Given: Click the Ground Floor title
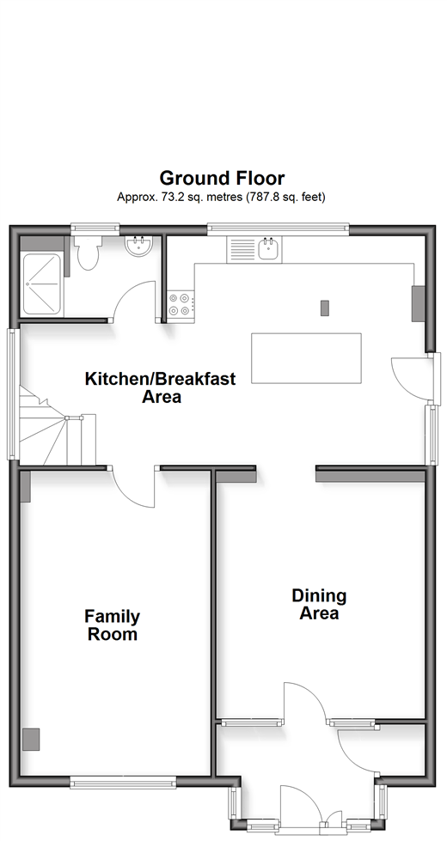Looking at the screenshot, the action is click(222, 178).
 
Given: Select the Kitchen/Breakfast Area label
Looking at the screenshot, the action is click(161, 387).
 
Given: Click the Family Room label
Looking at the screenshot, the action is click(112, 625).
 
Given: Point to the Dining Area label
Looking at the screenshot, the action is click(319, 605).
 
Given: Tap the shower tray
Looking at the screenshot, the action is click(42, 283).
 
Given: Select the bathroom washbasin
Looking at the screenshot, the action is click(139, 247).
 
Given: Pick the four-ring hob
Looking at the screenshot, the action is click(181, 303).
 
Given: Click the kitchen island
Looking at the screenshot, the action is click(306, 358).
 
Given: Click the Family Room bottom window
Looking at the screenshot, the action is click(124, 783).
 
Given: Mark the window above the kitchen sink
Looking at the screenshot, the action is click(278, 229).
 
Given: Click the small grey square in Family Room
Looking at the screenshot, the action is click(31, 739).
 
